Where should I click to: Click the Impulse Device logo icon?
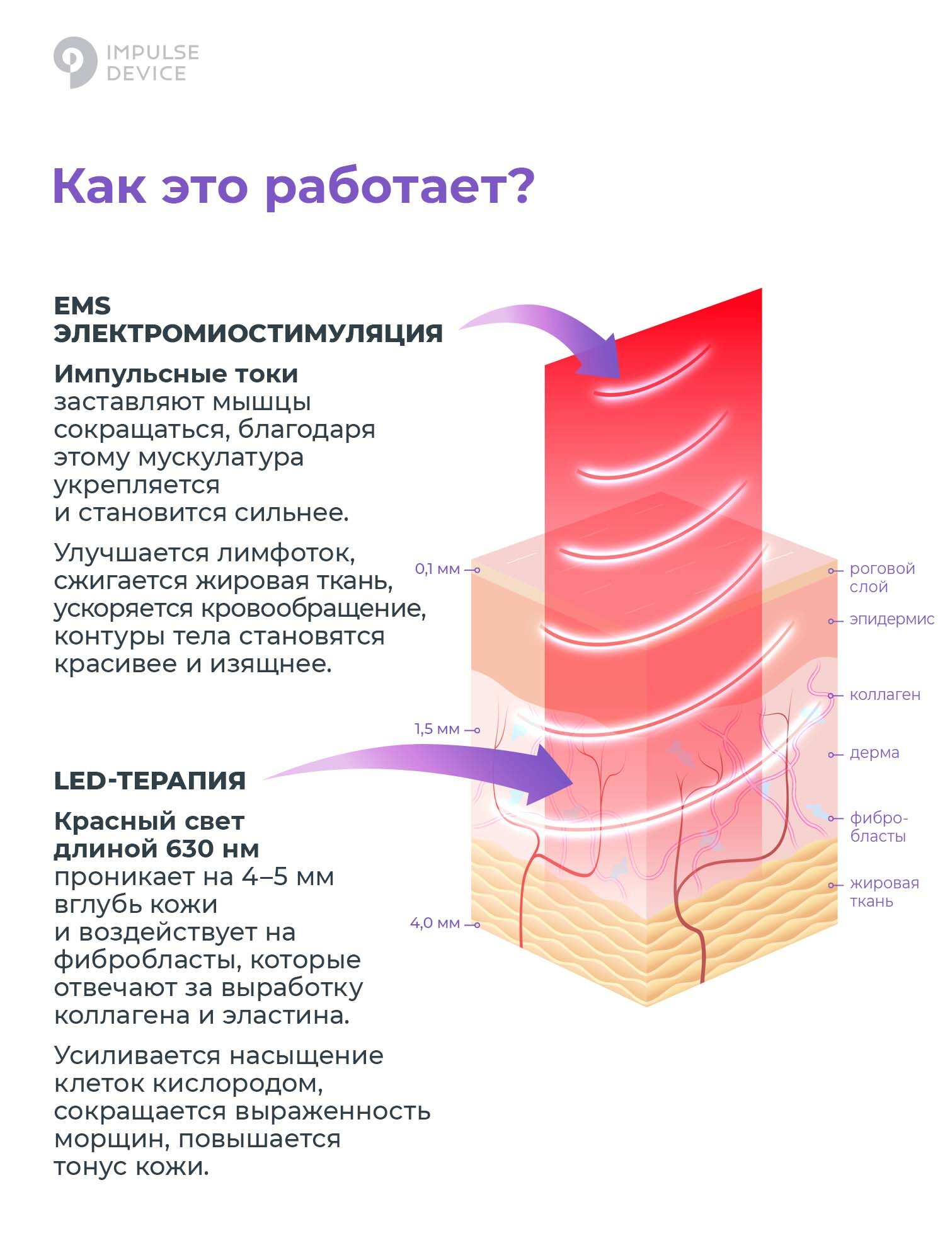pyautogui.click(x=75, y=62)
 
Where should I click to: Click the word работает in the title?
pyautogui.click(x=399, y=186)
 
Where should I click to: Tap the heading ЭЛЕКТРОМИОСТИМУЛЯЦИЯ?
pyautogui.click(x=248, y=333)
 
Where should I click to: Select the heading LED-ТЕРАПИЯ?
pyautogui.click(x=150, y=781)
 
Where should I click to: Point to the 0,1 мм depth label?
pyautogui.click(x=437, y=570)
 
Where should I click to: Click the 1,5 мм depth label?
pyautogui.click(x=437, y=730)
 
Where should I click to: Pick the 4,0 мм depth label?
pyautogui.click(x=435, y=924)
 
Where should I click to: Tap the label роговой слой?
pyautogui.click(x=881, y=578)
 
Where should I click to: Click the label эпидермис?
pyautogui.click(x=891, y=620)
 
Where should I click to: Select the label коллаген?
pyautogui.click(x=885, y=696)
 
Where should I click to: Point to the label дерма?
pyautogui.click(x=874, y=753)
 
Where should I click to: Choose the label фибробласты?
pyautogui.click(x=878, y=827)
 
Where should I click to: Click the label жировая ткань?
pyautogui.click(x=883, y=892)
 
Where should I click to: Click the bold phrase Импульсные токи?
pyautogui.click(x=176, y=374)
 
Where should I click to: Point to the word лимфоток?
pyautogui.click(x=286, y=553)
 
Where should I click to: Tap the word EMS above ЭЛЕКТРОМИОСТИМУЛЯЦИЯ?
pyautogui.click(x=83, y=306)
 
